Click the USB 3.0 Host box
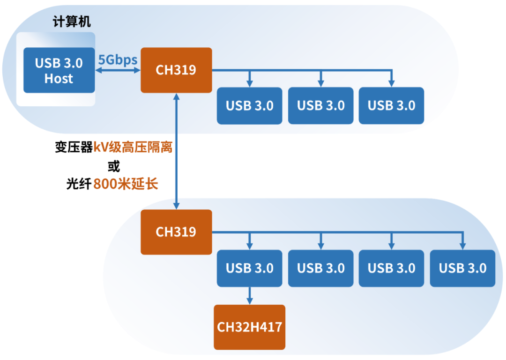pos(59,70)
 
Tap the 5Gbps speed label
pos(117,60)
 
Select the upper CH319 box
pos(176,70)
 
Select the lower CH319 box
pos(176,232)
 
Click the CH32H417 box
pos(249,326)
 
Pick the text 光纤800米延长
pos(112,184)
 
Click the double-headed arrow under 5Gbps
pos(118,70)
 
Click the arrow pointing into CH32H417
pos(249,296)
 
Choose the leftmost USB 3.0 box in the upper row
pos(249,105)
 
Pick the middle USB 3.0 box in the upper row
pos(320,105)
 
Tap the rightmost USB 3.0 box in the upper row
pos(391,105)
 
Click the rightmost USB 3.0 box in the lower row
pos(462,268)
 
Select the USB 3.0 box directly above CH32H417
pos(249,268)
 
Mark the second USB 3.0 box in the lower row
pos(320,268)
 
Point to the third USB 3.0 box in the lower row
pos(391,268)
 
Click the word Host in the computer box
pos(59,79)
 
